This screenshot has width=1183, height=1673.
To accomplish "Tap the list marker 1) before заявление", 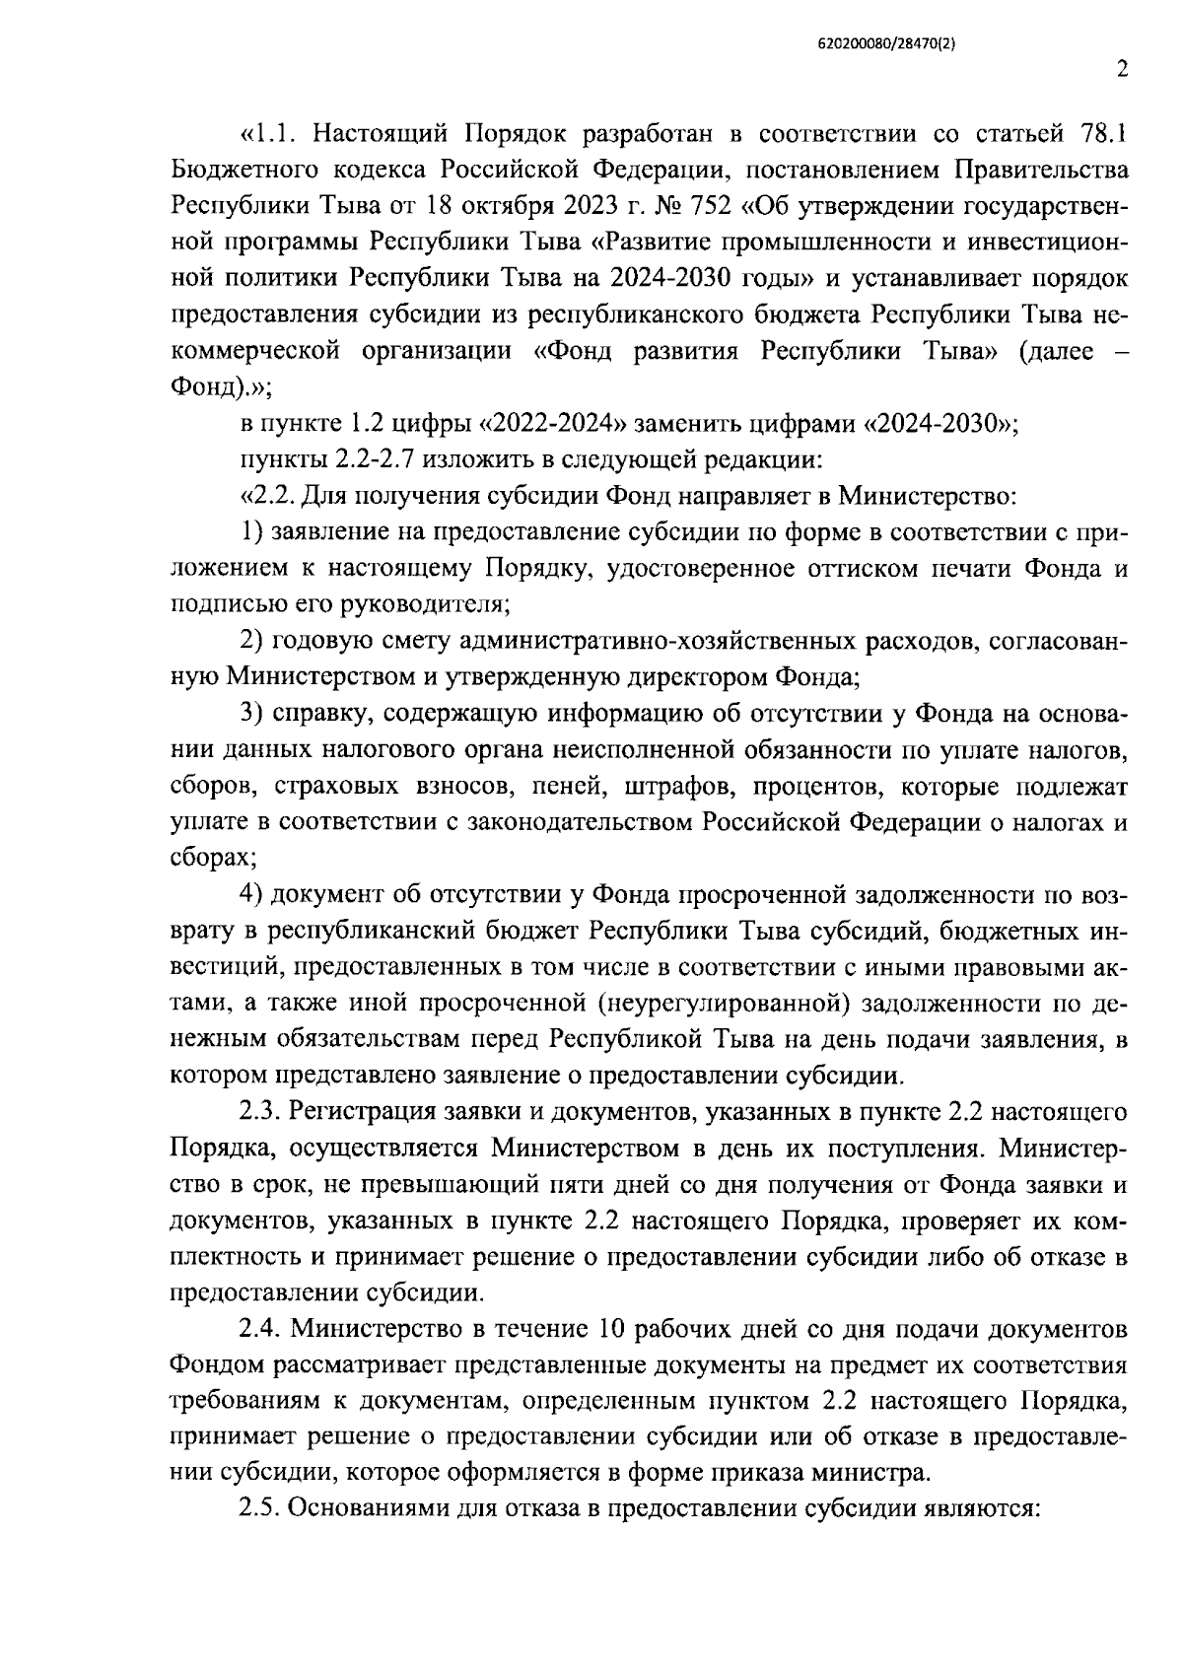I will pyautogui.click(x=251, y=532).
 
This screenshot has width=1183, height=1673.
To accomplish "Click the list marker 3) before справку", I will pyautogui.click(x=251, y=715).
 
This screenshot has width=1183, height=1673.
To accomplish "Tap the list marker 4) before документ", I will pyautogui.click(x=251, y=895).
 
